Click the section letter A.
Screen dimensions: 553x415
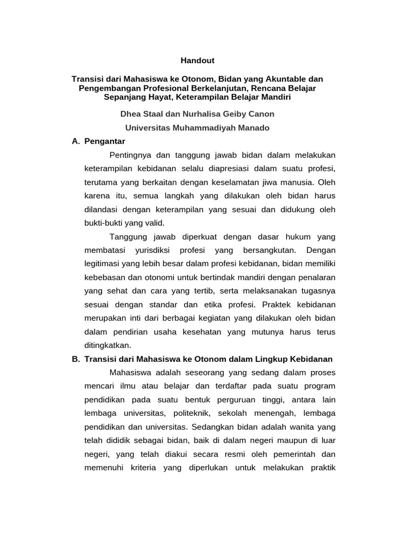click(x=75, y=141)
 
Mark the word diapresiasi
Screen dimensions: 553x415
click(x=213, y=169)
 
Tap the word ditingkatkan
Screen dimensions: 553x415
click(x=108, y=345)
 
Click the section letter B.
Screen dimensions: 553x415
click(x=75, y=359)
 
